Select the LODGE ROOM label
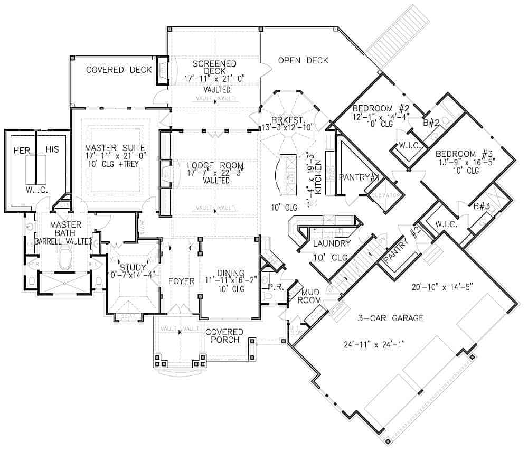pos(208,166)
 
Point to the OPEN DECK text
pos(303,60)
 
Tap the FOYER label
pos(182,281)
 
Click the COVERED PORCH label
pos(224,336)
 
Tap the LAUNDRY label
pos(331,243)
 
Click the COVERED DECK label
pos(112,70)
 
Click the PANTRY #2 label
pos(401,248)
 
